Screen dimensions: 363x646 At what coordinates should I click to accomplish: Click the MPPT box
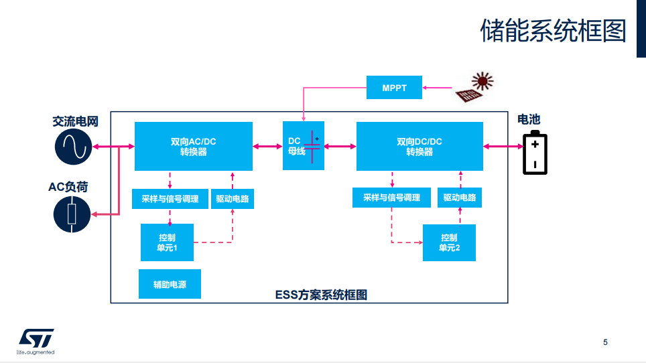[x=395, y=88]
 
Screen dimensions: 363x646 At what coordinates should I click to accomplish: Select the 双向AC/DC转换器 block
[x=194, y=146]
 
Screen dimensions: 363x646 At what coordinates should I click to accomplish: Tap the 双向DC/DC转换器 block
[x=419, y=146]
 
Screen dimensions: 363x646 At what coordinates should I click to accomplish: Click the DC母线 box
[x=304, y=146]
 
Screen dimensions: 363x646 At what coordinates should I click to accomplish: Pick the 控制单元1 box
[x=167, y=242]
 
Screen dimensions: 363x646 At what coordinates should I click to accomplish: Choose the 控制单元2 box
[x=449, y=242]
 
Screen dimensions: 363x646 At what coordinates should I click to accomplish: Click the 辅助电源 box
[x=170, y=284]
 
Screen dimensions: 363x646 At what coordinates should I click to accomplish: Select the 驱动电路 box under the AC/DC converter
[x=233, y=199]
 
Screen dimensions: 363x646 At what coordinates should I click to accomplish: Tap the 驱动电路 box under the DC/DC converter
[x=460, y=198]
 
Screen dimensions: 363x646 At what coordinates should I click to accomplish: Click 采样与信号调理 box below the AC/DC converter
[x=170, y=199]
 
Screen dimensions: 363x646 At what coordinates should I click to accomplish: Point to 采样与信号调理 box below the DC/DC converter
[x=391, y=198]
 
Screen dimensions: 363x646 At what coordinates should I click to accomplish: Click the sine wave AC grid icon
[x=72, y=147]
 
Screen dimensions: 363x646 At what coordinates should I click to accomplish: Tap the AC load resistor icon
[x=72, y=214]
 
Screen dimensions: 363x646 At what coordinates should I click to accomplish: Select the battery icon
[x=535, y=153]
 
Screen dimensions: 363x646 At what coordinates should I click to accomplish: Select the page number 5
[x=606, y=343]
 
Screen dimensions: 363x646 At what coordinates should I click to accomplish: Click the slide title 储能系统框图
[x=553, y=31]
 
